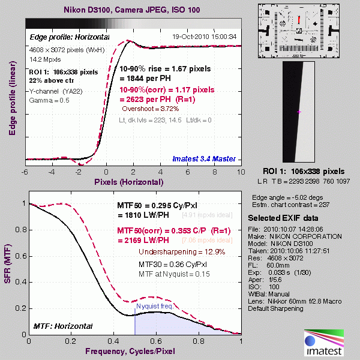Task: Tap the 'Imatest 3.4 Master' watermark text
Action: tap(204, 158)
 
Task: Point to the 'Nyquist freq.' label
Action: tap(155, 306)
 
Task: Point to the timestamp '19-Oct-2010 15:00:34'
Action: tap(204, 36)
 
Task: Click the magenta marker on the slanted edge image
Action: tap(299, 112)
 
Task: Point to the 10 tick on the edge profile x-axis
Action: tap(240, 172)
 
